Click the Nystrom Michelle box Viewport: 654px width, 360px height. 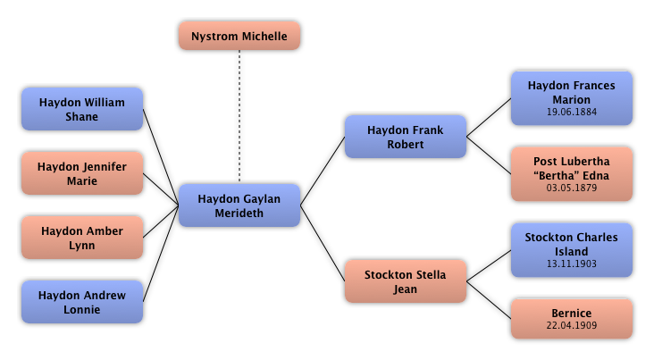239,36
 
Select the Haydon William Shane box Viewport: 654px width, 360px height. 82,109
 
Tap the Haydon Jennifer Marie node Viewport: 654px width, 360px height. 82,173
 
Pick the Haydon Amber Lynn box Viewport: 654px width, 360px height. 82,238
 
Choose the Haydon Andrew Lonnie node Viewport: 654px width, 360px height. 82,302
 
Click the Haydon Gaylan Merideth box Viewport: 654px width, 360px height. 239,205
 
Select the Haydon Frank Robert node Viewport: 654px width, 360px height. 406,137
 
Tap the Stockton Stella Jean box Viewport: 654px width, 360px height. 406,281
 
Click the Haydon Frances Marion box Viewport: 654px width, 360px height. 572,98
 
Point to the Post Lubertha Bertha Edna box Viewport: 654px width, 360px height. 572,174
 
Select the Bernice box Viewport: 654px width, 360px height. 572,319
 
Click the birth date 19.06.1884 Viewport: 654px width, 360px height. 572,113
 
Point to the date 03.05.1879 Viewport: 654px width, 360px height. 572,188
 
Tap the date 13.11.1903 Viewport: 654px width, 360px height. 572,264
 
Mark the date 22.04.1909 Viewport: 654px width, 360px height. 572,325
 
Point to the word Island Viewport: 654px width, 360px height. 572,252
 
